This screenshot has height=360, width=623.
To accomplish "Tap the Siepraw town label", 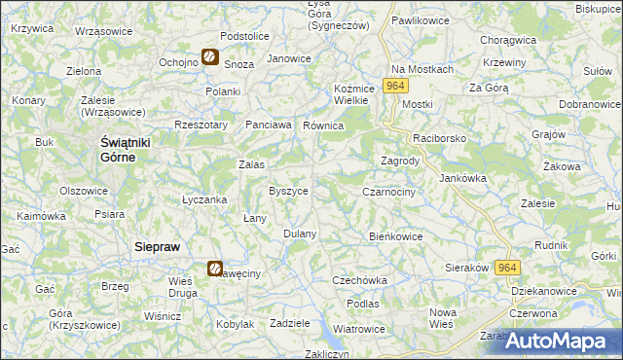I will (x=156, y=247).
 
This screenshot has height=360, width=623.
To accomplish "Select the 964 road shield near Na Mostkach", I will (x=394, y=87).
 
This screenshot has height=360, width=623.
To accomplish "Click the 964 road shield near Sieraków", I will (x=506, y=268).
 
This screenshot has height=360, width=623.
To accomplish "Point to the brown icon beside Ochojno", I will (x=209, y=58).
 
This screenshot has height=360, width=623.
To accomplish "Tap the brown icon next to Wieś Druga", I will (x=215, y=269).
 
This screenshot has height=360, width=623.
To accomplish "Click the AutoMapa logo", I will (x=560, y=341).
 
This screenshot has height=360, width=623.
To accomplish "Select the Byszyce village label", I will (x=288, y=191).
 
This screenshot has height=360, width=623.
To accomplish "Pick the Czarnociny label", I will (x=389, y=193).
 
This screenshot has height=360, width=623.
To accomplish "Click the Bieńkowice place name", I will (x=396, y=235).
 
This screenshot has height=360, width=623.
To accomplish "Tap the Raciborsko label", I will (x=440, y=139).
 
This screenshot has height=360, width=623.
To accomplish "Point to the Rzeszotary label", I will (x=200, y=125).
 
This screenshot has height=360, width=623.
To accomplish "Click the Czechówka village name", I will (x=359, y=280).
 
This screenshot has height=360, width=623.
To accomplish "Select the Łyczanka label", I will (x=204, y=199).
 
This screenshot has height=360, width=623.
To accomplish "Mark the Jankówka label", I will (x=462, y=178).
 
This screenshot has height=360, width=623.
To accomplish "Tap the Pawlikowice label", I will (x=419, y=19).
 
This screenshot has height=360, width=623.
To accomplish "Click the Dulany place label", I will (x=300, y=234).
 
